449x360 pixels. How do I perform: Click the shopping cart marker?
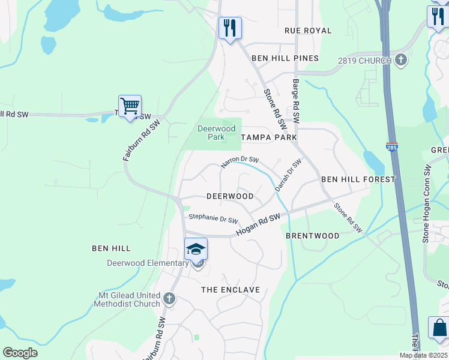(x=130, y=107)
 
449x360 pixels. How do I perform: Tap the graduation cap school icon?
(x=196, y=248)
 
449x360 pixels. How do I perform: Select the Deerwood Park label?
(x=217, y=133)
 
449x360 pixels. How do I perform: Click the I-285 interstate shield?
(x=392, y=146)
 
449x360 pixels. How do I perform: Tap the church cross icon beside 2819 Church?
(x=401, y=60)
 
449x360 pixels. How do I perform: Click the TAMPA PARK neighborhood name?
(x=269, y=137)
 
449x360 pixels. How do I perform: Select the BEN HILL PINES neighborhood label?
(x=285, y=58)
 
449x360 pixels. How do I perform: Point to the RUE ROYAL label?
(x=308, y=31)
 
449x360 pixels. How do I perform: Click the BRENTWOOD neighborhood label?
(x=312, y=236)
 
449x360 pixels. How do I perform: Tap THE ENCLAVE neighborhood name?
(x=231, y=290)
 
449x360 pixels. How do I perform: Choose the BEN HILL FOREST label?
(x=358, y=179)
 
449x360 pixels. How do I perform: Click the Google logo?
(x=20, y=352)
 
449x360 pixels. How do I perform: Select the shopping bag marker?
(x=439, y=329)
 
